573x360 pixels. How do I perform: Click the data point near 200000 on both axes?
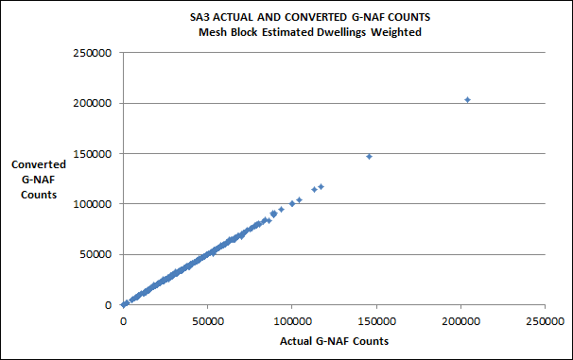coord(467,99)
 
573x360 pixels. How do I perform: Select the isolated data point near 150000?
coord(369,156)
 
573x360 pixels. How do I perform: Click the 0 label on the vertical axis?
coord(111,305)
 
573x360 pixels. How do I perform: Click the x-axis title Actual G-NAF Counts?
coord(335,340)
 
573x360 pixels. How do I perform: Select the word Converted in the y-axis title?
coord(39,163)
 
